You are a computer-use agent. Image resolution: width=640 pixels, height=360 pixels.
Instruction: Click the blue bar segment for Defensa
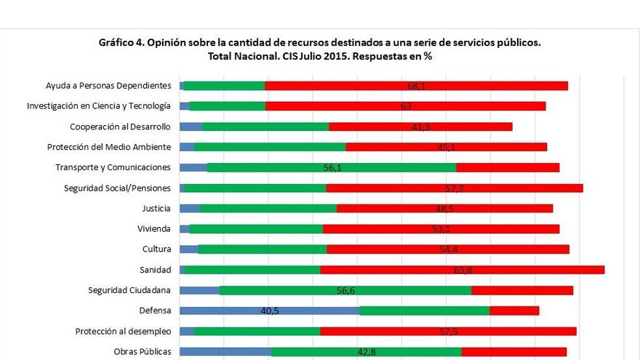pos(218,311)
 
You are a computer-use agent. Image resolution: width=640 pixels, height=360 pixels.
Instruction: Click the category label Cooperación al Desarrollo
pos(120,127)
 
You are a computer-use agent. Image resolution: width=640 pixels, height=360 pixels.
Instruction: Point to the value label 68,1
pos(417,86)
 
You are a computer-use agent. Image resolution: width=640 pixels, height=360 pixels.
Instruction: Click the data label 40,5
pos(271,311)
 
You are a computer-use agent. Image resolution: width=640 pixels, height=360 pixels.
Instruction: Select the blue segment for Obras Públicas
pos(225,352)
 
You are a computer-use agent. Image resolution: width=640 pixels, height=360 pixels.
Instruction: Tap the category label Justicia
pos(156,208)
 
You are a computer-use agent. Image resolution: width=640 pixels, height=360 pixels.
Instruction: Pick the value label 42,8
pos(367,352)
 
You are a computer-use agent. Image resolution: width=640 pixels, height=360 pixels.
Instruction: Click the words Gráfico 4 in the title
pos(124,43)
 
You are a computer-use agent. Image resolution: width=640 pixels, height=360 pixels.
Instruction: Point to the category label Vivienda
pos(154,228)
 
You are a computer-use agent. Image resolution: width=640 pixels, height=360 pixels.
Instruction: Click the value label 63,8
pos(463,270)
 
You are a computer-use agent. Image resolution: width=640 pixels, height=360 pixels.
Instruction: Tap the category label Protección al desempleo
pos(123,332)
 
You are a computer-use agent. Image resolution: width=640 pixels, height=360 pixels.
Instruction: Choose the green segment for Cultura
pos(262,249)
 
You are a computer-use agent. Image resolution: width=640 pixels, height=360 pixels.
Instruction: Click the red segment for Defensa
pos(514,311)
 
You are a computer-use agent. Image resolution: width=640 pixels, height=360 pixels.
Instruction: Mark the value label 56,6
pos(345,290)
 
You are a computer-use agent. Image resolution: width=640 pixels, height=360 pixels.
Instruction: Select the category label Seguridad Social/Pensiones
pos(118,188)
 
